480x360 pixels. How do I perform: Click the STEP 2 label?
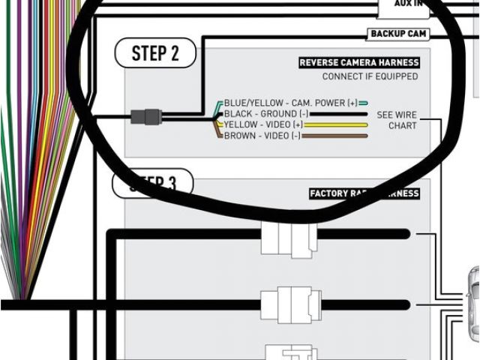point(155,52)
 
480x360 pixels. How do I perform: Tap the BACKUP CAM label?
point(397,34)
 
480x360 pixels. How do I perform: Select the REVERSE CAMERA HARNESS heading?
point(359,63)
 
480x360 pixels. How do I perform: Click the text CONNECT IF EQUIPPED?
point(370,76)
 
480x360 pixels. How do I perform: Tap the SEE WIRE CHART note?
point(396,120)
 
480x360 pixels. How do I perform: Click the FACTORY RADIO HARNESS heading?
point(364,193)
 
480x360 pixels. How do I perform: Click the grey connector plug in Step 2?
point(145,117)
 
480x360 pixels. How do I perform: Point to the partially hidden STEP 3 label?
point(153,183)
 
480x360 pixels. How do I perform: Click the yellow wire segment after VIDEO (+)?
point(336,124)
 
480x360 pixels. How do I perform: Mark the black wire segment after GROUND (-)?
point(334,113)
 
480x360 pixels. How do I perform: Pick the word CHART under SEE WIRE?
point(402,125)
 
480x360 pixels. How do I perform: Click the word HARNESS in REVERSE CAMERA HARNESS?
point(398,63)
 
